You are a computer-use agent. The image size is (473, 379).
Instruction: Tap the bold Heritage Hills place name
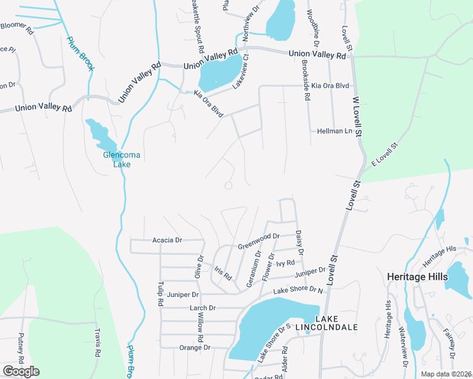[x=414, y=277]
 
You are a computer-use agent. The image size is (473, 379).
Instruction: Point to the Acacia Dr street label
[x=167, y=241]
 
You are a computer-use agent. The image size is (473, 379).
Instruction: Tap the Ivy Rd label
[x=286, y=263]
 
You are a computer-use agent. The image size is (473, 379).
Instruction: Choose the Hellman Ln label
[x=335, y=131]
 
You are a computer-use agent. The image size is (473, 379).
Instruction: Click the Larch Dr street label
[x=203, y=308]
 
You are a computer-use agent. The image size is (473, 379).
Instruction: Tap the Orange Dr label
[x=195, y=347]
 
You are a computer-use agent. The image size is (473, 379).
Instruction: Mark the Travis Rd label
[x=98, y=344]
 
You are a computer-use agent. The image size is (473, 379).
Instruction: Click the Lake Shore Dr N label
[x=298, y=290]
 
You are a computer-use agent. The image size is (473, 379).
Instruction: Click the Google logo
[x=21, y=371]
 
